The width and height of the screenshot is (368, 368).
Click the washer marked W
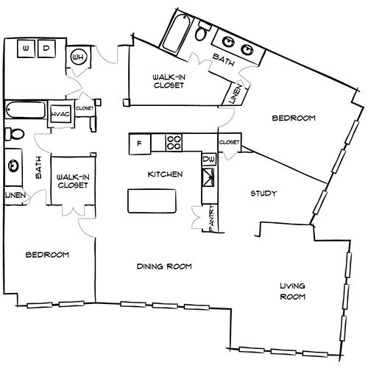[26, 49]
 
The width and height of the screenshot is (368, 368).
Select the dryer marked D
[46, 49]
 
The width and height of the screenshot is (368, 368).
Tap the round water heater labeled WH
[77, 57]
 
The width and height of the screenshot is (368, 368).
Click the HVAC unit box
[60, 114]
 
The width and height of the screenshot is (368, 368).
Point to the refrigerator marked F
[140, 144]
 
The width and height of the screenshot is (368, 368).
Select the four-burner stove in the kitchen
[174, 142]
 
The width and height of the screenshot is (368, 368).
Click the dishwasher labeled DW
[210, 159]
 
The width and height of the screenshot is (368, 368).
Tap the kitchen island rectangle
[152, 201]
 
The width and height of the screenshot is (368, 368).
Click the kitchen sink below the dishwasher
[208, 177]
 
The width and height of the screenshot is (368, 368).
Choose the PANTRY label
[212, 219]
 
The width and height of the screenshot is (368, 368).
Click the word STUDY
[263, 194]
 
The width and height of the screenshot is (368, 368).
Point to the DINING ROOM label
[164, 266]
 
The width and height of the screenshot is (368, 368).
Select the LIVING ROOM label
[293, 291]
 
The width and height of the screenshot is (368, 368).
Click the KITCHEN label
[165, 174]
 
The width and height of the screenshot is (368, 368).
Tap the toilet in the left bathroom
[15, 134]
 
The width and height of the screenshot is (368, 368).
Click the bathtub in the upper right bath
[176, 33]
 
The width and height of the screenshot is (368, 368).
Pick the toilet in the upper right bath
[202, 30]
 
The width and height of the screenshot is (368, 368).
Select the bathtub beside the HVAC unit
[26, 110]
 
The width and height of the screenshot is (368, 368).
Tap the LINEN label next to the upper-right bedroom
[236, 94]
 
